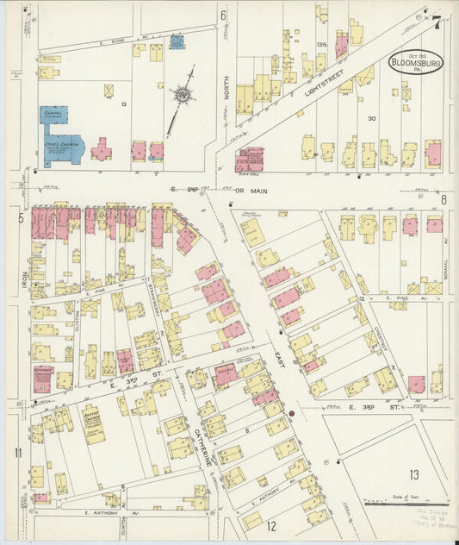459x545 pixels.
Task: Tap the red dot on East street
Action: (292, 414)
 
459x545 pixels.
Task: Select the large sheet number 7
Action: (437, 22)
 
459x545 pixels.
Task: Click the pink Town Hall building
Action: (250, 159)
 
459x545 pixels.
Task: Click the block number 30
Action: (372, 119)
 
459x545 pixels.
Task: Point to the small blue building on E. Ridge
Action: (177, 41)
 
